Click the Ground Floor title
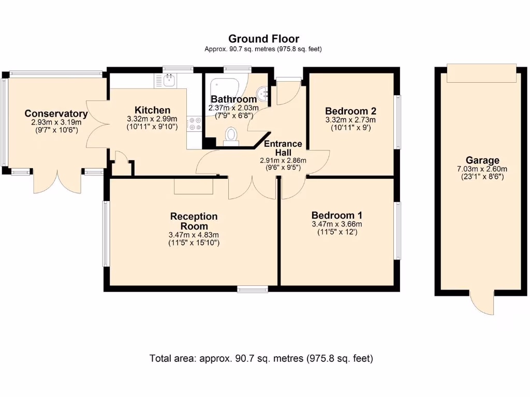point(263,39)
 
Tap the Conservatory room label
point(56,114)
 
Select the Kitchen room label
point(152,110)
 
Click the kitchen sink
point(169,80)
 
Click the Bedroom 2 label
point(350,111)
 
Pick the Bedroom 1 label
point(336,216)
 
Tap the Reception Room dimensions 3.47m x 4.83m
point(194,235)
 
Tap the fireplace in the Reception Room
point(194,186)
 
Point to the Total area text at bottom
point(261,358)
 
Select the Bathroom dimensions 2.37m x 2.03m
point(233,108)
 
